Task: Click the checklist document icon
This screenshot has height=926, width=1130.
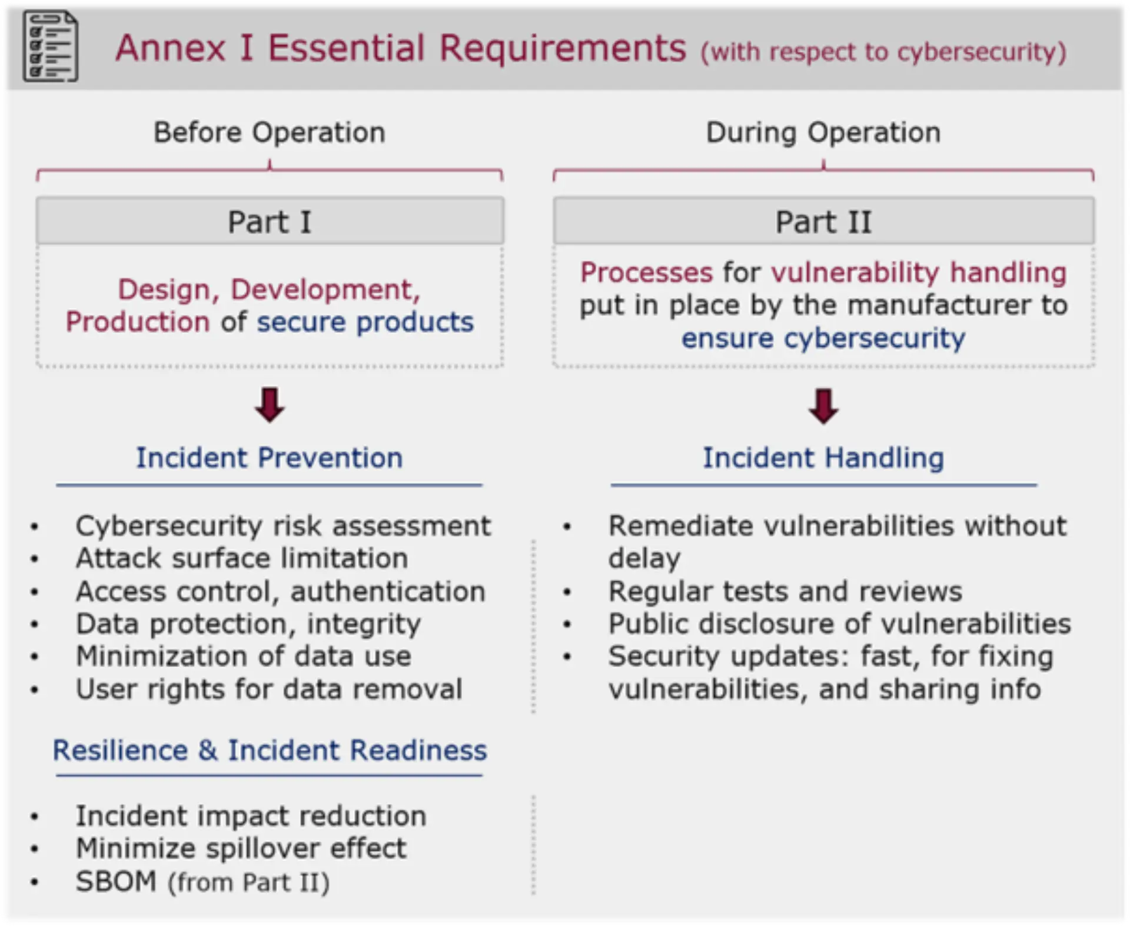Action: pos(50,46)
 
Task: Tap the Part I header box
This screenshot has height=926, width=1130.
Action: pos(270,222)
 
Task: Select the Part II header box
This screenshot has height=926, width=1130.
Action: pos(823,222)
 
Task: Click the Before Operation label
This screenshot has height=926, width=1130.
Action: pos(270,132)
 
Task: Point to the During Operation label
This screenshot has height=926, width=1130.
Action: pos(823,132)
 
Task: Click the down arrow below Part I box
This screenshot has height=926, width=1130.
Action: pos(270,405)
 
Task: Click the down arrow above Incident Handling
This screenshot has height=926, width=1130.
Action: pos(823,406)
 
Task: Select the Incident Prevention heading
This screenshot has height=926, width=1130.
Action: pos(270,458)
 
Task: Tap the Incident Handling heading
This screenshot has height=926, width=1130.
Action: pos(823,458)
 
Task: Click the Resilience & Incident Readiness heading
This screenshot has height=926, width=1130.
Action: pos(270,750)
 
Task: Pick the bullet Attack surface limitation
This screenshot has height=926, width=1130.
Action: pos(241,558)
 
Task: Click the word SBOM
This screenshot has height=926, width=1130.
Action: pos(116,881)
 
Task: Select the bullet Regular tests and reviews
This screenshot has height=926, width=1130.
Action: pos(785,591)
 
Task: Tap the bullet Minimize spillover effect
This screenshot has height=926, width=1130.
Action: pos(241,848)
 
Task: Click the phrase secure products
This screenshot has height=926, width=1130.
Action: pos(365,322)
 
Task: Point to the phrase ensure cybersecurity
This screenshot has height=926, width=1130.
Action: pos(823,338)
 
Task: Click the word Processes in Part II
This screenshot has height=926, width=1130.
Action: pos(646,272)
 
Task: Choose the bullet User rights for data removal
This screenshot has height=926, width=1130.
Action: pos(268,689)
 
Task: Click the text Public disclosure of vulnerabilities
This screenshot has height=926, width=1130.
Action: pos(839,624)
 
